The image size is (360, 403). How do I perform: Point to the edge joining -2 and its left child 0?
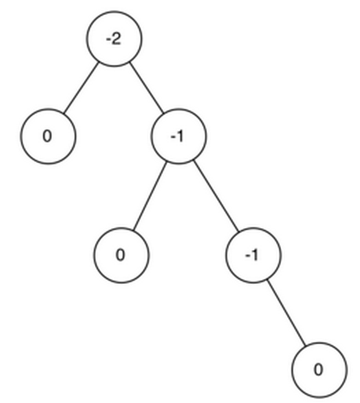click(81, 88)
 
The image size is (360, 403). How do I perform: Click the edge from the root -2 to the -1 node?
click(147, 88)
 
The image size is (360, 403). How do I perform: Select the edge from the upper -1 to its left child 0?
click(150, 196)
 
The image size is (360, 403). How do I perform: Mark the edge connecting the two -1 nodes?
click(216, 195)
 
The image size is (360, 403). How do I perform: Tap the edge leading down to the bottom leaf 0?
click(286, 313)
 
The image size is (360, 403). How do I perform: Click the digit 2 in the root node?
click(117, 39)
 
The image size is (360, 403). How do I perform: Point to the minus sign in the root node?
click(108, 40)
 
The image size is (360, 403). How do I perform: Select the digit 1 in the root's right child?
click(180, 136)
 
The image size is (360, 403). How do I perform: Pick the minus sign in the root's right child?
click(173, 137)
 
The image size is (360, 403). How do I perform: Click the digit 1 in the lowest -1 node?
click(255, 255)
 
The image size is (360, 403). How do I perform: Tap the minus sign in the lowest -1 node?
click(248, 256)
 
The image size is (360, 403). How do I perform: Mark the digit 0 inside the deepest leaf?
click(318, 370)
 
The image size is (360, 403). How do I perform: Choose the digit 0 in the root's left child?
click(47, 136)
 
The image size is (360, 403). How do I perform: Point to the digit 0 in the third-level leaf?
click(120, 255)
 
